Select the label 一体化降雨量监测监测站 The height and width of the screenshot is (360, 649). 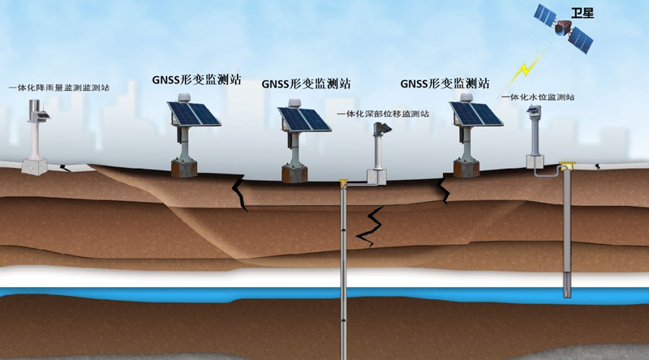tap(59, 87)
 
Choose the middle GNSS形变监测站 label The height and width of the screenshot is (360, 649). tap(307, 83)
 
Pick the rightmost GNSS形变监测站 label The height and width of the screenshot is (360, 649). tap(445, 83)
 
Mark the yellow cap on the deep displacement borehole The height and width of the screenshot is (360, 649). tap(343, 182)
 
